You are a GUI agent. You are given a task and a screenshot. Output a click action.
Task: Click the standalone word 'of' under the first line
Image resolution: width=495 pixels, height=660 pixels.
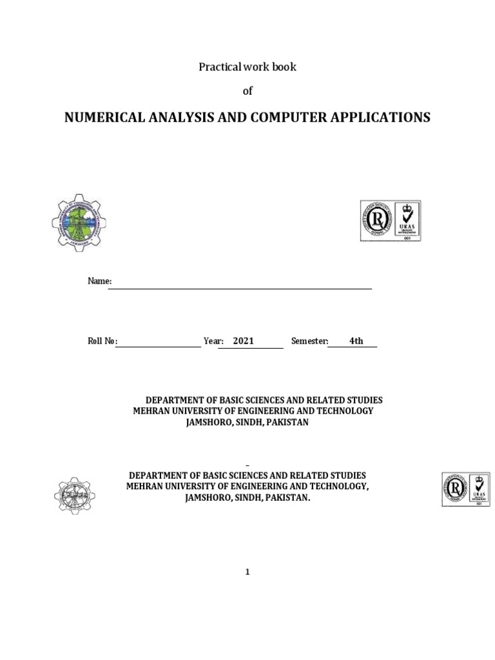click(247, 91)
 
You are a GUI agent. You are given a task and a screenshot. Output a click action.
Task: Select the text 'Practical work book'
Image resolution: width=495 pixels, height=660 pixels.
click(247, 67)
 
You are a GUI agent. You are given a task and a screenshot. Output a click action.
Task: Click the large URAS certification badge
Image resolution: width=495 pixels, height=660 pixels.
click(391, 220)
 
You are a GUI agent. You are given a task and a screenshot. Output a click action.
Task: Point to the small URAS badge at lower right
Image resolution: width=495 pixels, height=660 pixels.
click(465, 489)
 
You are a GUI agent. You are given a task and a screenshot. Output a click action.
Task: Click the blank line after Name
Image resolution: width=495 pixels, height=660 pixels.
click(240, 287)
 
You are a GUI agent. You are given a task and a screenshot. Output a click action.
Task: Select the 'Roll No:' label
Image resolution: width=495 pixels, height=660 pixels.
click(102, 341)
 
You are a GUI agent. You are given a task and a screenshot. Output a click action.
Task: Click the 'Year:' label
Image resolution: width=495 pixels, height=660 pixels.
click(213, 341)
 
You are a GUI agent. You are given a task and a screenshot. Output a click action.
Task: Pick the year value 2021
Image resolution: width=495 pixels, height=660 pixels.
click(244, 341)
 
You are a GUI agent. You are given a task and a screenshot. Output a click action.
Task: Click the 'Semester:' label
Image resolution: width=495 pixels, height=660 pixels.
click(310, 341)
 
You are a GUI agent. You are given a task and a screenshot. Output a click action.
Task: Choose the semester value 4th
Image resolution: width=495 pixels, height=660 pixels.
click(356, 341)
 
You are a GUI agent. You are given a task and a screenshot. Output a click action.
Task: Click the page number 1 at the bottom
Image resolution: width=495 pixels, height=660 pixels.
click(247, 572)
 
